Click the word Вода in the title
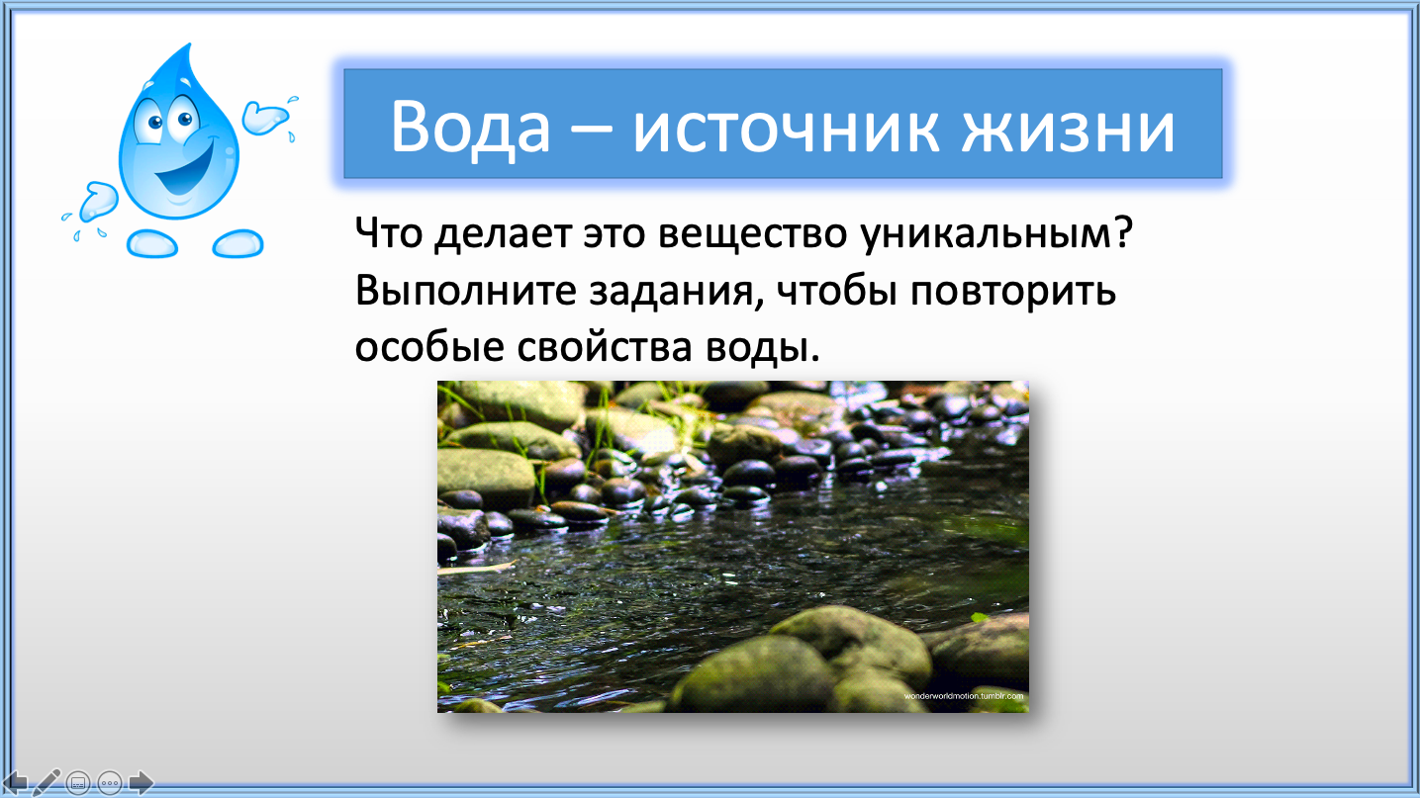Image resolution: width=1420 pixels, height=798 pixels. pos(470,126)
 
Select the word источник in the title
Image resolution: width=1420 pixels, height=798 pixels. pos(786,130)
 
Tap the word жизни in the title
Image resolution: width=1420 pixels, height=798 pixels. pos(1068,130)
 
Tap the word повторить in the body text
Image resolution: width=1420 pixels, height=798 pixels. pos(1013,293)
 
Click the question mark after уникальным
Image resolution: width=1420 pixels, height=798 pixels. pos(1123,231)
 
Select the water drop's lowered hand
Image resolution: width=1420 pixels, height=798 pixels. pos(99,202)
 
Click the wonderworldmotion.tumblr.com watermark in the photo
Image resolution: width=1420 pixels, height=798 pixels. pos(964,696)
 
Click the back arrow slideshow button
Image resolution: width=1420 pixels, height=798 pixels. pos(14,783)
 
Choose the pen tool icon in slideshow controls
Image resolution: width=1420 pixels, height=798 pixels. pos(47,783)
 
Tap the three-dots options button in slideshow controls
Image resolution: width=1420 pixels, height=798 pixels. pos(110,783)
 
